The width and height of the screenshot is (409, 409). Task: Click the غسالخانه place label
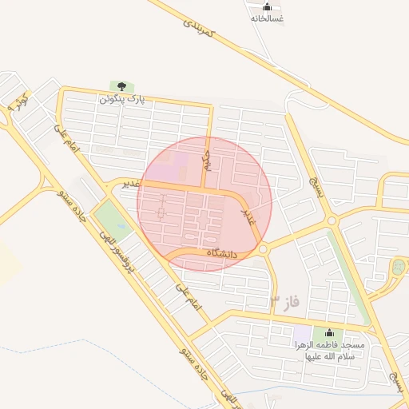click(x=267, y=18)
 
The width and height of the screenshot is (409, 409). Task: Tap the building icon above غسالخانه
click(x=267, y=6)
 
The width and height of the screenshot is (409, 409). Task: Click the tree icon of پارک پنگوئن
click(x=121, y=86)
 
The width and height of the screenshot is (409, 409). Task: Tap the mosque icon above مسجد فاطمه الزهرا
click(x=328, y=333)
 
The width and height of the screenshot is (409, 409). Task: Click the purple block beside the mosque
click(x=302, y=332)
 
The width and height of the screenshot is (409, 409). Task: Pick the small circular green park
click(x=397, y=267)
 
